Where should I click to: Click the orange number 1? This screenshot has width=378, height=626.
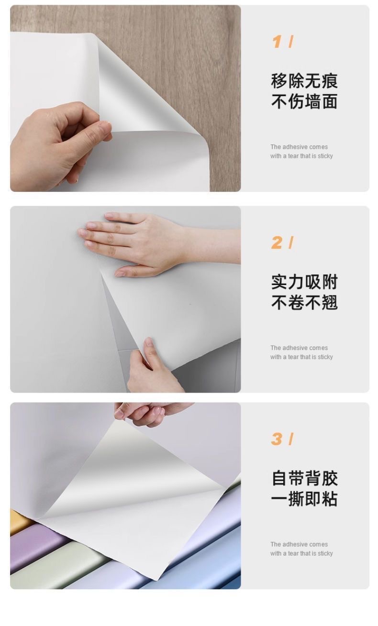tap(277, 42)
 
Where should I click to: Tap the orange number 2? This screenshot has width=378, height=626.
tap(277, 243)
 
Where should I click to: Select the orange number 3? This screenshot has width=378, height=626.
tap(277, 439)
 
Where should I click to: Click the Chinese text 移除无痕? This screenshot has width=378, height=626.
tap(304, 81)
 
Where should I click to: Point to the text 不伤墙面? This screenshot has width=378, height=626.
tap(304, 101)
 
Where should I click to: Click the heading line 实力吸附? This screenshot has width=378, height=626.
tap(304, 282)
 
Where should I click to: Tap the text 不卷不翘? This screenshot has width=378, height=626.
tap(304, 302)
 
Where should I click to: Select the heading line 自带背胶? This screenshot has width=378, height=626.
tap(304, 478)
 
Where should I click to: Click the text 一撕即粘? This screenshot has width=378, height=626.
tap(304, 499)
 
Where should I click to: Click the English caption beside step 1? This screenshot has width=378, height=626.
tap(301, 152)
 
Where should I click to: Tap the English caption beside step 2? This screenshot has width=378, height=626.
tap(301, 352)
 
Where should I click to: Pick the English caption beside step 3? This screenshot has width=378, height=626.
tap(301, 549)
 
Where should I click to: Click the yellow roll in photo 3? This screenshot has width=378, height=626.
tap(19, 521)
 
